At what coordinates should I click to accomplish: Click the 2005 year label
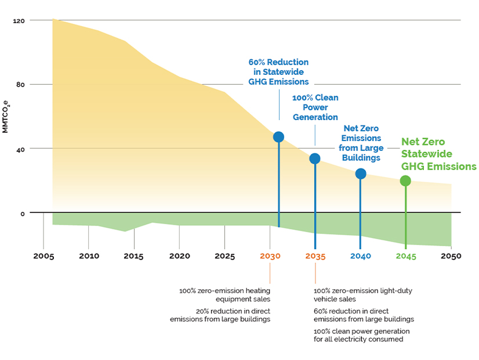[x=43, y=255]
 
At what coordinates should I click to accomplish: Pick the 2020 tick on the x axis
[x=179, y=255]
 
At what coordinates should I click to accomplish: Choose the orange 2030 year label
[x=270, y=255]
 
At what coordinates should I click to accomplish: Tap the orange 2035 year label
[x=315, y=255]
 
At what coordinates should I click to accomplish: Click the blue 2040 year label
[x=361, y=255]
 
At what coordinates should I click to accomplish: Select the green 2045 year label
[x=406, y=255]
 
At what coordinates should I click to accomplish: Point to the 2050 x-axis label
[x=451, y=255]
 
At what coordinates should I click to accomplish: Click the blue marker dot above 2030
[x=278, y=137]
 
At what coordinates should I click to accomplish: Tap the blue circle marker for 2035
[x=315, y=159]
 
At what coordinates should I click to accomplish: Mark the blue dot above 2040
[x=361, y=174]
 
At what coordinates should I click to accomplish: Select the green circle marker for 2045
[x=405, y=181]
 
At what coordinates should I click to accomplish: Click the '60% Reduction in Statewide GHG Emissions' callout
[x=278, y=72]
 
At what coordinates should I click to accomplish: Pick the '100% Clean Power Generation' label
[x=315, y=107]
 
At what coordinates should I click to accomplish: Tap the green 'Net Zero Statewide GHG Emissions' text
[x=439, y=154]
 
